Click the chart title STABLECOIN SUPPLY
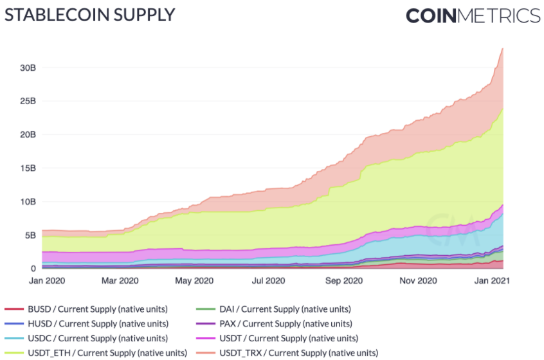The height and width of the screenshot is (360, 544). [89, 15]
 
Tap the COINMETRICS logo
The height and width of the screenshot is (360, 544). [473, 15]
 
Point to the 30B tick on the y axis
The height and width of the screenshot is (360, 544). [27, 67]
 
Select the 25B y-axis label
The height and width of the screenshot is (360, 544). [27, 101]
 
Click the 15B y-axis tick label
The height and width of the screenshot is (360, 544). [27, 168]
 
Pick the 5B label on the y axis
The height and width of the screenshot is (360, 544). [30, 235]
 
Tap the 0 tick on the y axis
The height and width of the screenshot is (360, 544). [32, 268]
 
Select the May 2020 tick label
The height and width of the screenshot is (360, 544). [194, 281]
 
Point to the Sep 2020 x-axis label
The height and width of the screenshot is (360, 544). [344, 281]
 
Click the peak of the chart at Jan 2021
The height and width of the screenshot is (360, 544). [502, 49]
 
